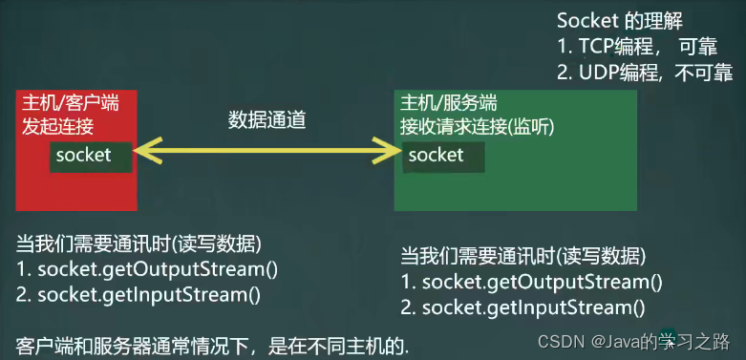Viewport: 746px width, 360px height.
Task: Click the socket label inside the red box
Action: (x=83, y=154)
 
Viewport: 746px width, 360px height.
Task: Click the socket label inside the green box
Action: (x=436, y=155)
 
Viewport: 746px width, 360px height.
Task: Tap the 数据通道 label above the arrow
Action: (x=266, y=120)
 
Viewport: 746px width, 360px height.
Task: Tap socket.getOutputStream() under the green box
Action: (x=531, y=282)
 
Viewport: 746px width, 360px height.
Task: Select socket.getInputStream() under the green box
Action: (x=522, y=307)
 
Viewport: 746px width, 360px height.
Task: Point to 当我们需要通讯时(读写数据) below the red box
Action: (x=139, y=244)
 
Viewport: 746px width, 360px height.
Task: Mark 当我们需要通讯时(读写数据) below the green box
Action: (x=522, y=256)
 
